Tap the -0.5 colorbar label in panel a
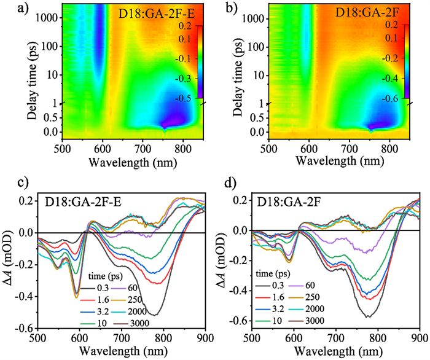[182, 97]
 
